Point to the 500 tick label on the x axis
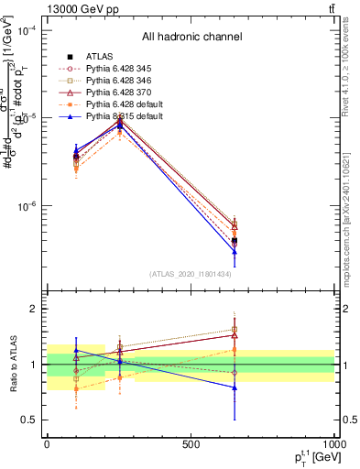point(191,444)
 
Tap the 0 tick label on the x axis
point(47,444)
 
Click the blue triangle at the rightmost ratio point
point(235,387)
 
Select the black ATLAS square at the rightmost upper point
point(235,240)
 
